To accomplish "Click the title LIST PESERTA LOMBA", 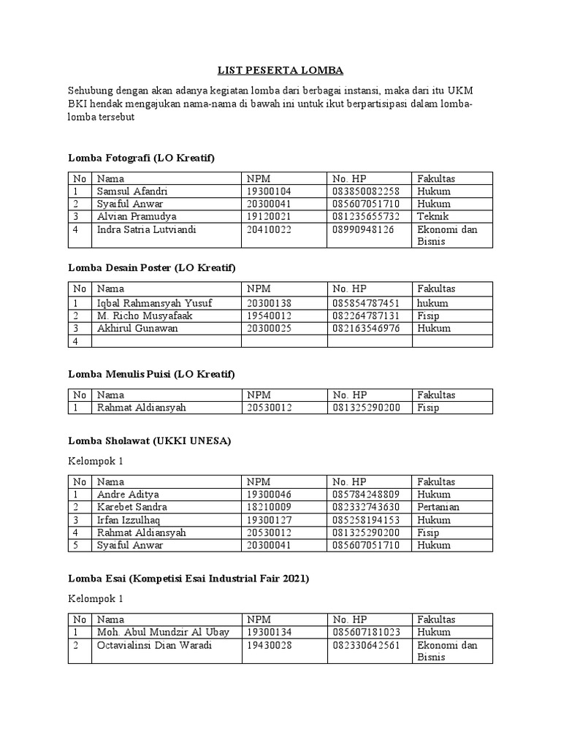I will pyautogui.click(x=280, y=71).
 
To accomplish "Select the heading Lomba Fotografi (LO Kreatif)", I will pyautogui.click(x=141, y=157).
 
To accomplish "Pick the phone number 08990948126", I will pyautogui.click(x=363, y=229).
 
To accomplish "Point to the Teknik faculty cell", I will pyautogui.click(x=433, y=217).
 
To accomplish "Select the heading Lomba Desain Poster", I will pyautogui.click(x=152, y=268).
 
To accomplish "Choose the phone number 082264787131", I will pyautogui.click(x=366, y=316).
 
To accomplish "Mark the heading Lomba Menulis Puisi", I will pyautogui.click(x=151, y=374).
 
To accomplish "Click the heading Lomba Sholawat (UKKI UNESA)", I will pyautogui.click(x=149, y=440).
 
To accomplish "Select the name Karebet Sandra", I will pyautogui.click(x=132, y=507).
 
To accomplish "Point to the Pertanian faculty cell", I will pyautogui.click(x=438, y=507).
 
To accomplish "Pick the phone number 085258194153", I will pyautogui.click(x=366, y=520).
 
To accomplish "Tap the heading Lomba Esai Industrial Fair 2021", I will pyautogui.click(x=188, y=579).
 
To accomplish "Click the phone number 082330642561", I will pyautogui.click(x=366, y=645).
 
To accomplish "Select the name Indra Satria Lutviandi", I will pyautogui.click(x=147, y=229).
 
